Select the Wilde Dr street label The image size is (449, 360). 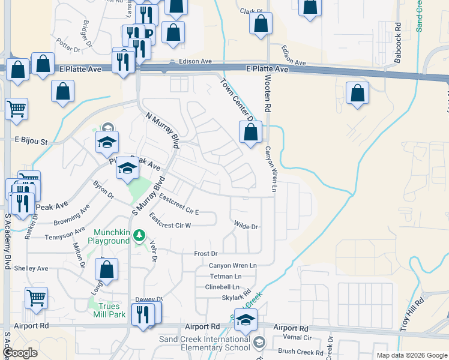pyautogui.click(x=246, y=227)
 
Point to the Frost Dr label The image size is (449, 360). pyautogui.click(x=205, y=254)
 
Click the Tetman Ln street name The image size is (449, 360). pyautogui.click(x=226, y=276)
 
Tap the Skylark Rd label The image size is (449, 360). pyautogui.click(x=235, y=298)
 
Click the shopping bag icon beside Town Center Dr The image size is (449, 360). pyautogui.click(x=251, y=131)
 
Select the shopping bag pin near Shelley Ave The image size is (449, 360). pyautogui.click(x=106, y=269)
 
